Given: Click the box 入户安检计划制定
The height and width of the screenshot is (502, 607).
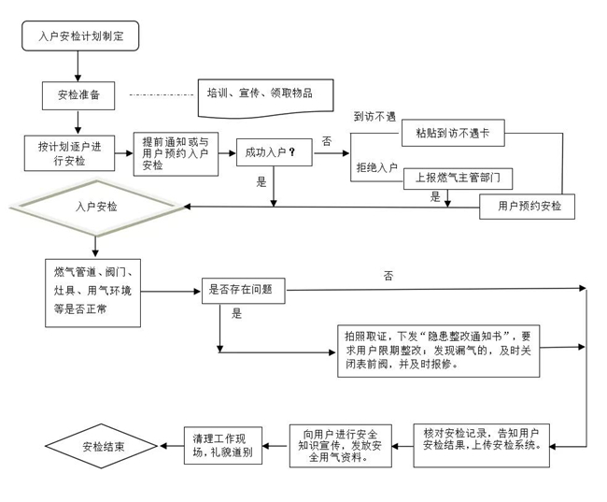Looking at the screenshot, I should pyautogui.click(x=80, y=36).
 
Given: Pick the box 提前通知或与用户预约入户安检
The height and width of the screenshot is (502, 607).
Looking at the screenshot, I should pyautogui.click(x=175, y=153).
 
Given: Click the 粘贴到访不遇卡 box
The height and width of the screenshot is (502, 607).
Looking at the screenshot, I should pyautogui.click(x=459, y=134).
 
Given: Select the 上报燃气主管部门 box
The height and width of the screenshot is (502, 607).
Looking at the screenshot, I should pyautogui.click(x=459, y=176).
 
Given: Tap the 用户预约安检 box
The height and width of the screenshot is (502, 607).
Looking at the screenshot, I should pyautogui.click(x=527, y=206).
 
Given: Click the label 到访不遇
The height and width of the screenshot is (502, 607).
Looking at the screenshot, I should pyautogui.click(x=374, y=117).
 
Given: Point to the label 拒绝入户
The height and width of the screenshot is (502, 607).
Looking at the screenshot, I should pyautogui.click(x=376, y=168).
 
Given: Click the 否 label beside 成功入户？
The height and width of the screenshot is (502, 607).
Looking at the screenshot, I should pyautogui.click(x=326, y=140).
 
